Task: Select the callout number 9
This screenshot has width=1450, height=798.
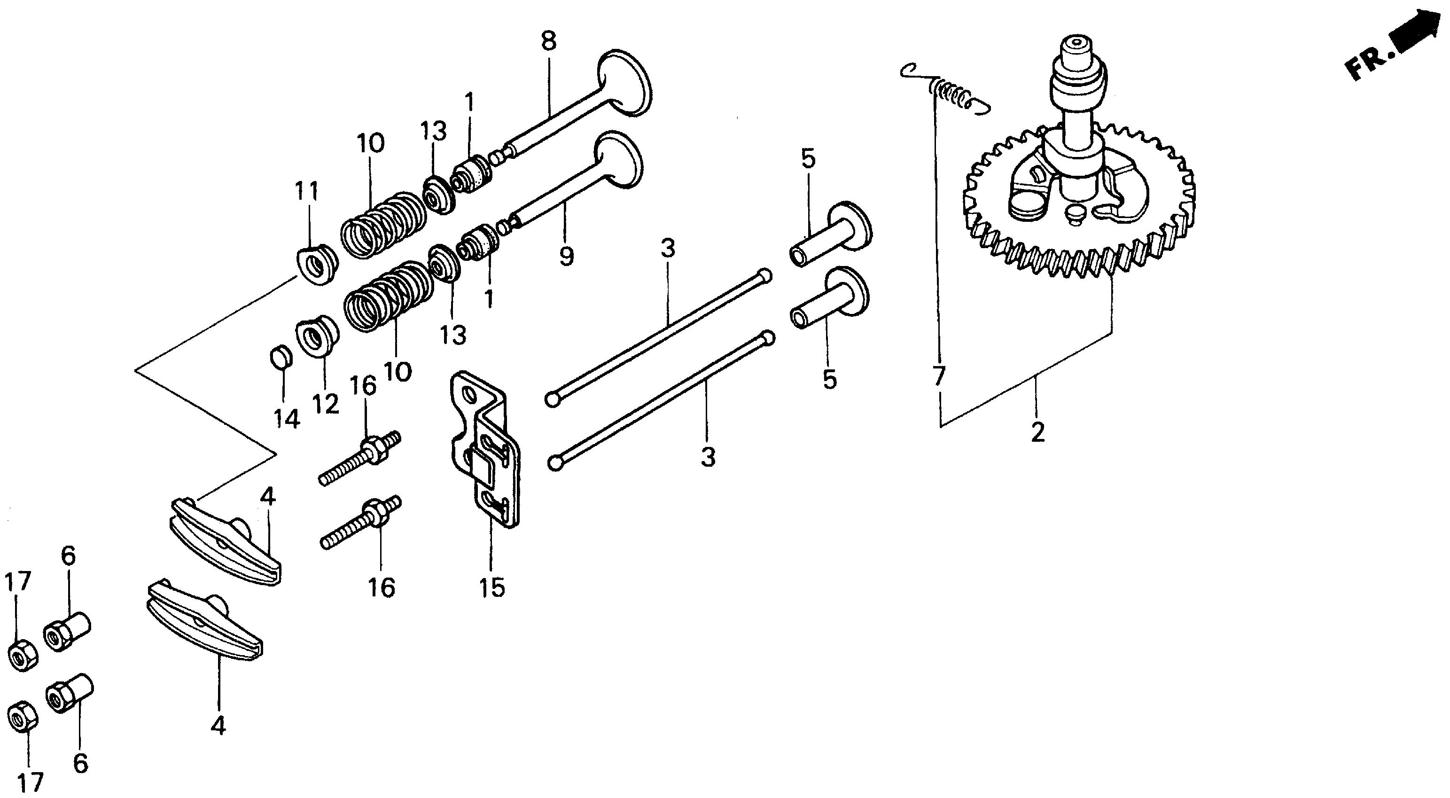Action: click(566, 256)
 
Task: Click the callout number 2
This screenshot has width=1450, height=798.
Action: click(1037, 432)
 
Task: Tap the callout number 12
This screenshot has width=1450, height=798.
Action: click(326, 403)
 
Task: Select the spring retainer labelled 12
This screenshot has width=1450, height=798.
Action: click(318, 337)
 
